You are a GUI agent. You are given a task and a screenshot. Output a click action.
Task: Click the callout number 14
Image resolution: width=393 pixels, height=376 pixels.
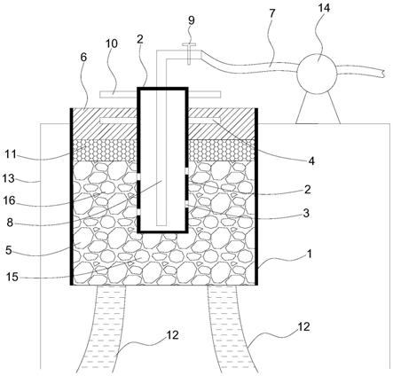[x=324, y=8]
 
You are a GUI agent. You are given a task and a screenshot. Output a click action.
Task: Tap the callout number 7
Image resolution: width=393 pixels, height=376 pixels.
[x=272, y=13]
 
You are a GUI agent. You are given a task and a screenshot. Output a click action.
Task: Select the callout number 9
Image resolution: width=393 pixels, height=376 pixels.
[x=192, y=20]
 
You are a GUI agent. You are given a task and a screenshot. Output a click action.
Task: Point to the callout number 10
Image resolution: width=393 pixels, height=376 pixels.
[x=112, y=43]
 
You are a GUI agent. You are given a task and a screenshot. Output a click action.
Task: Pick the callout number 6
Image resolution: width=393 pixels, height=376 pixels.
[x=83, y=58]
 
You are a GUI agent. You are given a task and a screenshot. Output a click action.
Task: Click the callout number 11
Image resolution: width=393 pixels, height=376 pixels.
[x=11, y=154]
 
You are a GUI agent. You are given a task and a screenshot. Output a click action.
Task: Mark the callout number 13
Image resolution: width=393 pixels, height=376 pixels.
[x=8, y=178]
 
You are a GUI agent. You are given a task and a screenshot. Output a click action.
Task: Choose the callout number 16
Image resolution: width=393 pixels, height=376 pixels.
[x=9, y=200]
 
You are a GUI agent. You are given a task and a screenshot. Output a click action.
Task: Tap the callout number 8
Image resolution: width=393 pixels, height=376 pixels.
[x=10, y=223]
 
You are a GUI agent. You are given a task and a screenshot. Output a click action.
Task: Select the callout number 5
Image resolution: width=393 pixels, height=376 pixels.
[x=9, y=250]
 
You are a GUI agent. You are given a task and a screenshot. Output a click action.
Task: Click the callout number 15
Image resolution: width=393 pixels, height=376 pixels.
[x=12, y=278]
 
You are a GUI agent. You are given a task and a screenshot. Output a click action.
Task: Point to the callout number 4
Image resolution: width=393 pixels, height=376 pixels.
[x=311, y=161]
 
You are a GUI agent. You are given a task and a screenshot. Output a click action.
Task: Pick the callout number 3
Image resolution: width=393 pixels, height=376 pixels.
[x=306, y=213]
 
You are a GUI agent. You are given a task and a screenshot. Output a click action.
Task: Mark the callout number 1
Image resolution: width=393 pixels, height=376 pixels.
[x=310, y=254]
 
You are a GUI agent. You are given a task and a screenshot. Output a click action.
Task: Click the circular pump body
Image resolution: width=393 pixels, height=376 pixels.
[x=317, y=74]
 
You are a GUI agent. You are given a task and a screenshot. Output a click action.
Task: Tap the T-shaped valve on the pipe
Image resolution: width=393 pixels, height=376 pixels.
[x=189, y=53]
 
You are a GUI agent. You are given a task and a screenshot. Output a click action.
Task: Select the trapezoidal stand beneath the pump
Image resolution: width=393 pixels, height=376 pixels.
[x=318, y=107]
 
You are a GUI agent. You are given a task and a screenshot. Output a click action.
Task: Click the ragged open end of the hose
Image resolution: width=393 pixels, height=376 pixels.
[x=383, y=74]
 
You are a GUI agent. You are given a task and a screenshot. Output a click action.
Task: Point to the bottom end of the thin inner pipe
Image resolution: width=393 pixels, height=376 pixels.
[x=161, y=225]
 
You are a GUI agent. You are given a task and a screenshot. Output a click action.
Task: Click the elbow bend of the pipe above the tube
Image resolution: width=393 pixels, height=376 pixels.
[x=161, y=55]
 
